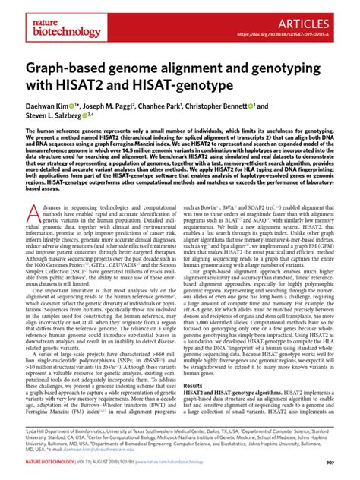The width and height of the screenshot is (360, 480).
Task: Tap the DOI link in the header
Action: (297, 33)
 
